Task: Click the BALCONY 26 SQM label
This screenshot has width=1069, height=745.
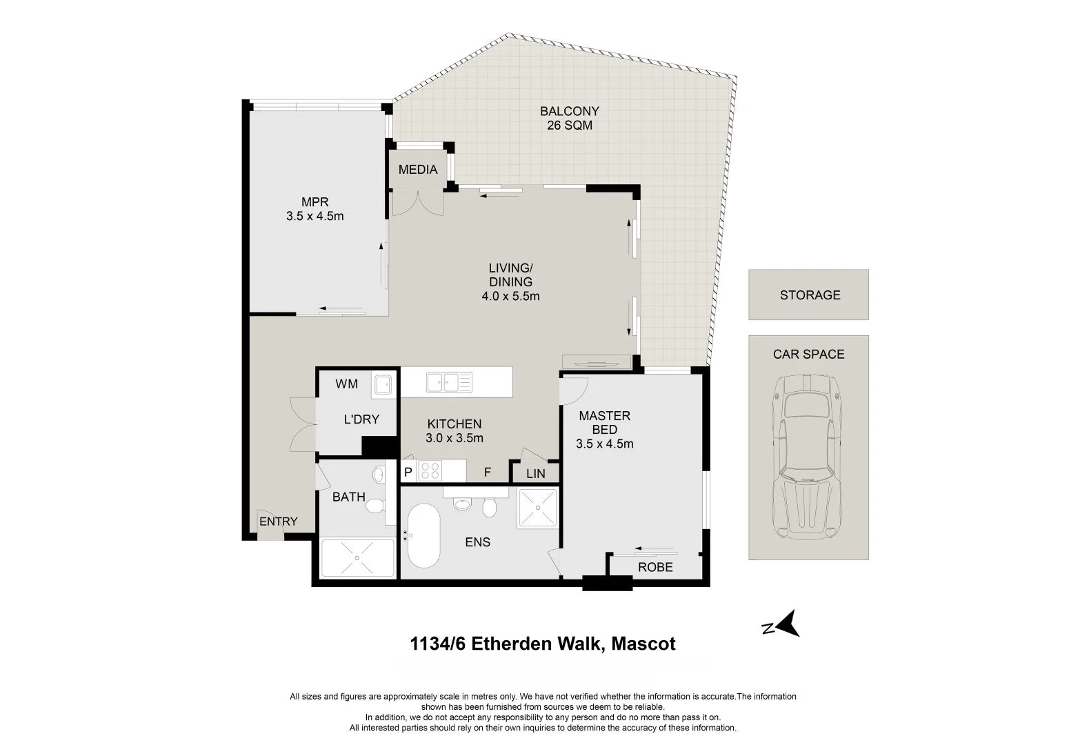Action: (569, 118)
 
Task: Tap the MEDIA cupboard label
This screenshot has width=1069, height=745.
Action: (418, 170)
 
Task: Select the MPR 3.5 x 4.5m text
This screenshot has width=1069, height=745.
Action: (314, 209)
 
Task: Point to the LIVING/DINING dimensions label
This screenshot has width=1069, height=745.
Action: (510, 282)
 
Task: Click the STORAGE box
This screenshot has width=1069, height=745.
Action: (808, 295)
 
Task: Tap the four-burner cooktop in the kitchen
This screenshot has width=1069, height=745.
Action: (431, 471)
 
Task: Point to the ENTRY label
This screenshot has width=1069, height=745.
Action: (278, 521)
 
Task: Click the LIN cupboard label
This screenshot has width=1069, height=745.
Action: (535, 474)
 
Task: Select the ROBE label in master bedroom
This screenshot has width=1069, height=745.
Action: (655, 568)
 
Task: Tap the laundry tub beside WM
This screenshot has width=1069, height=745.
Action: (382, 384)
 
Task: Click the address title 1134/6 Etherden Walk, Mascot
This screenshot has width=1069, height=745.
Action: (543, 644)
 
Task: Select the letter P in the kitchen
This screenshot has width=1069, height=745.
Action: (408, 473)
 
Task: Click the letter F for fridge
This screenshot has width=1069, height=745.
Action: (487, 473)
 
